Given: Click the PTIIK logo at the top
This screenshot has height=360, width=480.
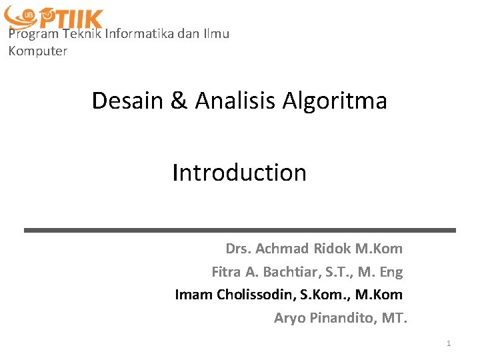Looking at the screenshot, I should [53, 18].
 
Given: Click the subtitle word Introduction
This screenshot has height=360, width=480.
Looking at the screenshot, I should [239, 173].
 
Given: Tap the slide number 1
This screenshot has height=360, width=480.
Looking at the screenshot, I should [449, 343].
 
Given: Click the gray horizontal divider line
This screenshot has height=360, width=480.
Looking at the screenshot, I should [240, 230].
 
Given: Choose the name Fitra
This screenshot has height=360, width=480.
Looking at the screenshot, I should [227, 271].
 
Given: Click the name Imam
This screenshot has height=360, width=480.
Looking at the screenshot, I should [193, 294].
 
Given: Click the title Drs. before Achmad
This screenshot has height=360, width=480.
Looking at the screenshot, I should [238, 249].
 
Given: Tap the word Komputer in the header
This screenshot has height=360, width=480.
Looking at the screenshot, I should [37, 51].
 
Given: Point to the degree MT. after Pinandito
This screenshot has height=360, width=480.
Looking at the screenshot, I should [394, 318].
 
